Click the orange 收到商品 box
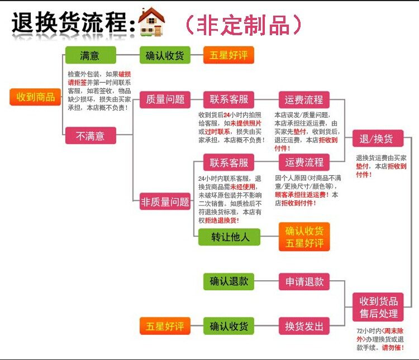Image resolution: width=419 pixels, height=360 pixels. pos(35,97)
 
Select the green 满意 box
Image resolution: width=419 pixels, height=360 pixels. pos(90,55)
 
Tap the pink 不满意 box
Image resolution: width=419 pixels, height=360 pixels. pos(90,136)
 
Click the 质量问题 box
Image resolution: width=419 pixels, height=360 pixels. pos(165,99)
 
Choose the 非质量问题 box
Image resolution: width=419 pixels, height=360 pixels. pos(165,201)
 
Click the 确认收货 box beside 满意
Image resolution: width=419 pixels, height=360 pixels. pos(165,55)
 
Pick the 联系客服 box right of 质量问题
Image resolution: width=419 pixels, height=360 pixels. pos(228,99)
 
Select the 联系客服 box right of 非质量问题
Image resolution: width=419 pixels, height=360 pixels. pos(228,163)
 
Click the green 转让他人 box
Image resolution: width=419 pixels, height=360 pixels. pos(228,237)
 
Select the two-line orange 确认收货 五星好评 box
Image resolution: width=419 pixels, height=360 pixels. pos(304,237)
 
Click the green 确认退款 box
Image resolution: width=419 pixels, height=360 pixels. pos(228,282)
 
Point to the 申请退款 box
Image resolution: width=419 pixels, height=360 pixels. pos(304,282)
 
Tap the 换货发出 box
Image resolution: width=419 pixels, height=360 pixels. pos(304,325)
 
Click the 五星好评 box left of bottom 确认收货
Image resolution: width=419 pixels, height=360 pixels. pos(165,325)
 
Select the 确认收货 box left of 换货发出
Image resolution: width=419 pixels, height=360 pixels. pos(228,325)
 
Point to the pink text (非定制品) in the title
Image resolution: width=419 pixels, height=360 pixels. pos(243,24)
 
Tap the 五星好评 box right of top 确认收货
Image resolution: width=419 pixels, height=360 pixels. pos(228,55)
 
